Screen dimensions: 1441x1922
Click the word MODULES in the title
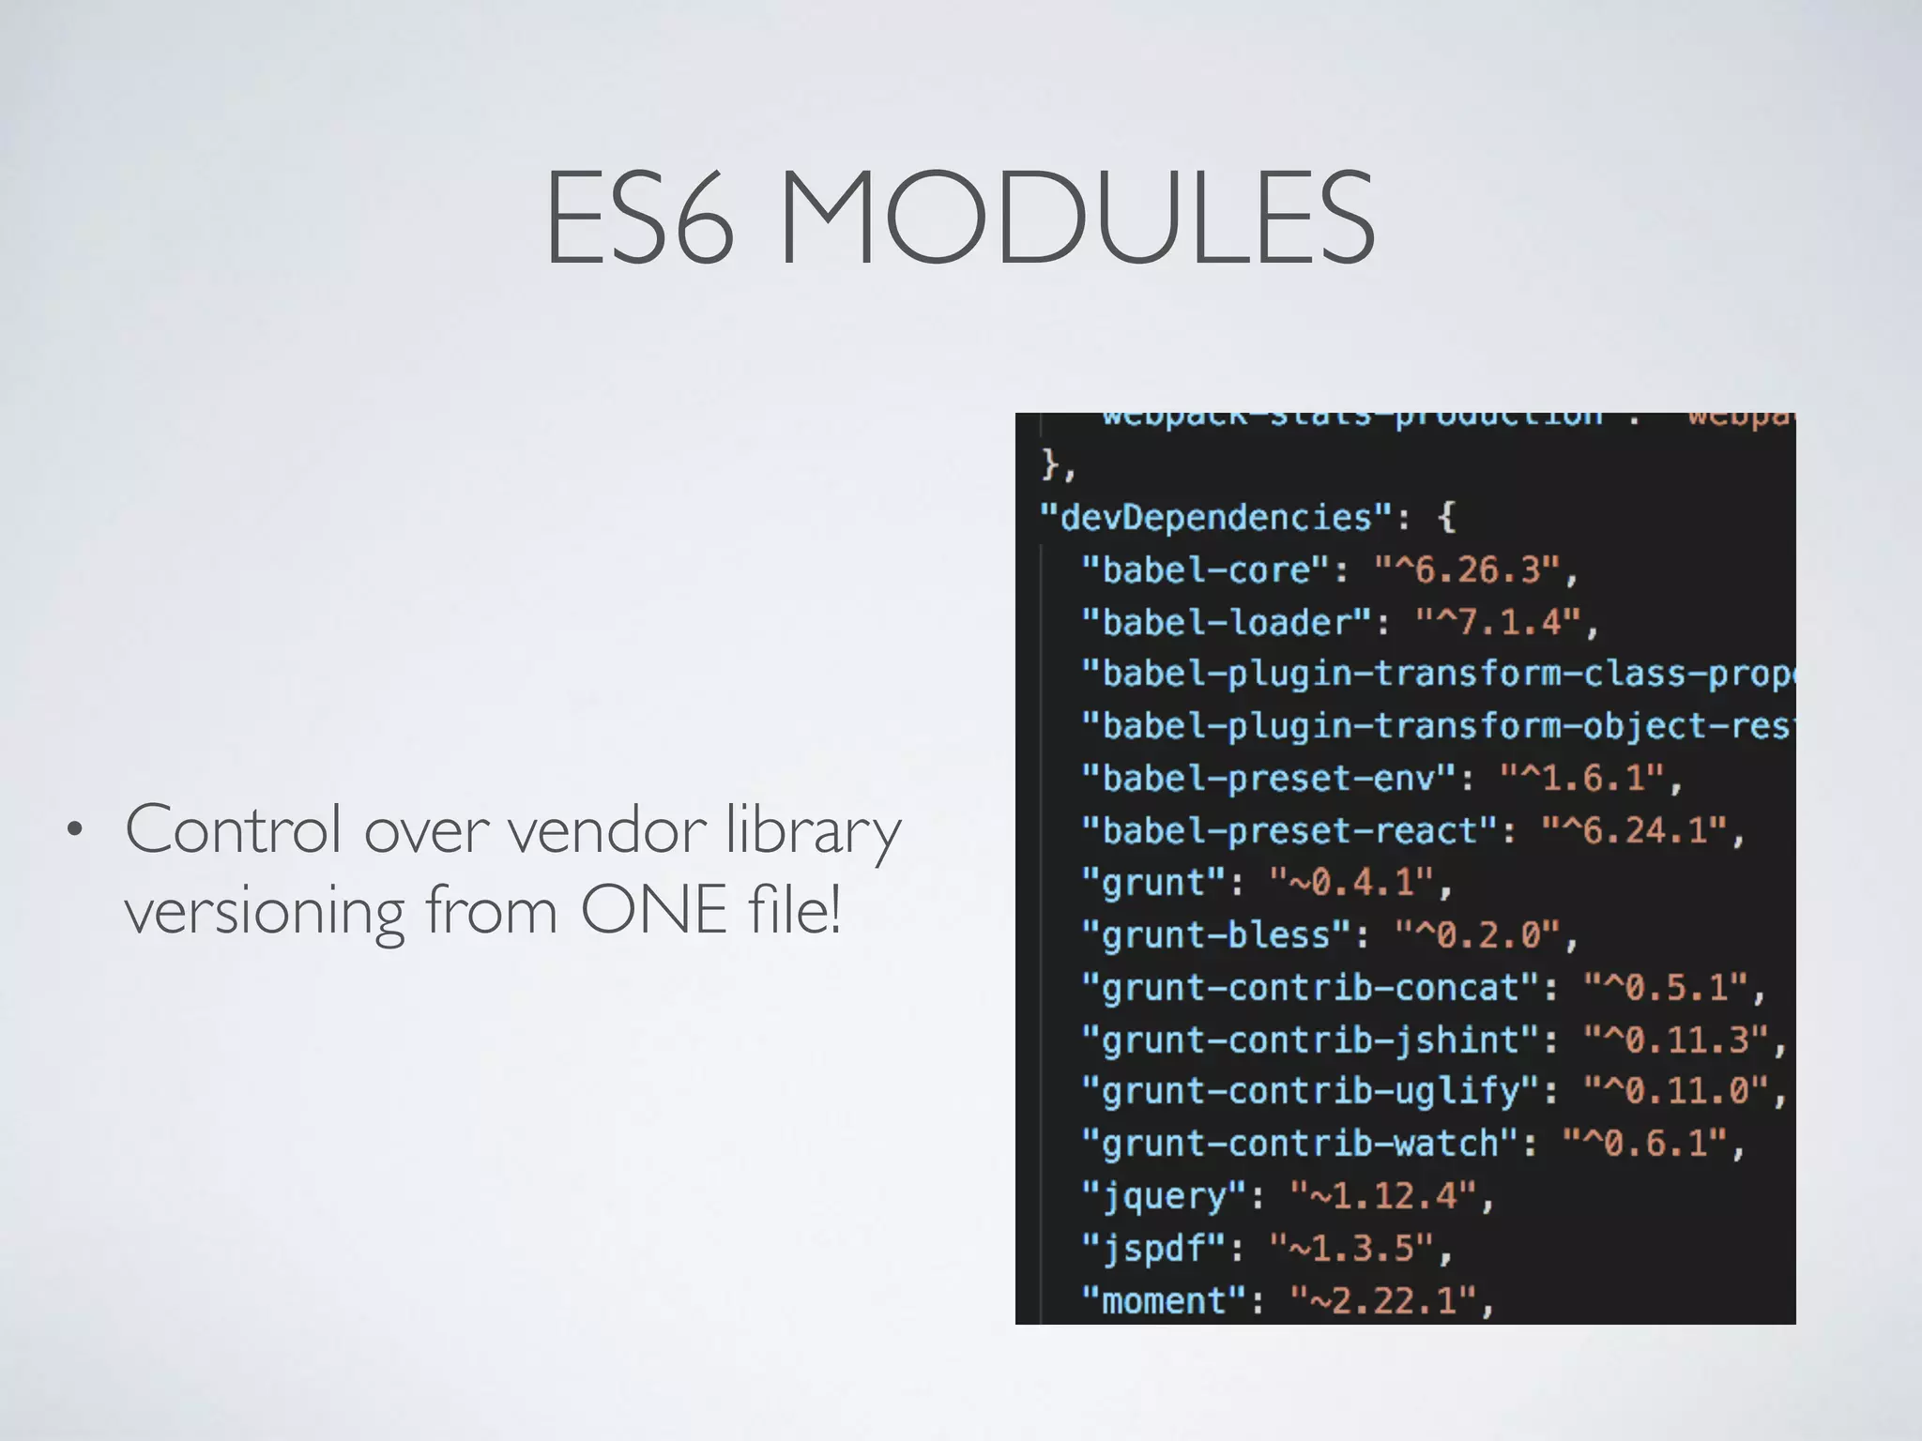[x=1077, y=218]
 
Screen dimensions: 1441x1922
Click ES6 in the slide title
[x=639, y=218]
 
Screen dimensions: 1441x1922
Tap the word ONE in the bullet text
[x=653, y=909]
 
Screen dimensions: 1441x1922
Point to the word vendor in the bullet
[x=606, y=830]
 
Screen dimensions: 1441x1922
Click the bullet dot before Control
[x=74, y=830]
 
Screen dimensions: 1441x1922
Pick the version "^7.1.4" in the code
[x=1499, y=622]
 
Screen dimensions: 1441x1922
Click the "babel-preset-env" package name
[x=1269, y=778]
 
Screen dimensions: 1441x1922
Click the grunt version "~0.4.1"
[x=1351, y=883]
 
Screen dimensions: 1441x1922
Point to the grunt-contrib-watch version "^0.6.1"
[x=1644, y=1144]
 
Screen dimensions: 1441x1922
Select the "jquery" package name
[x=1165, y=1196]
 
